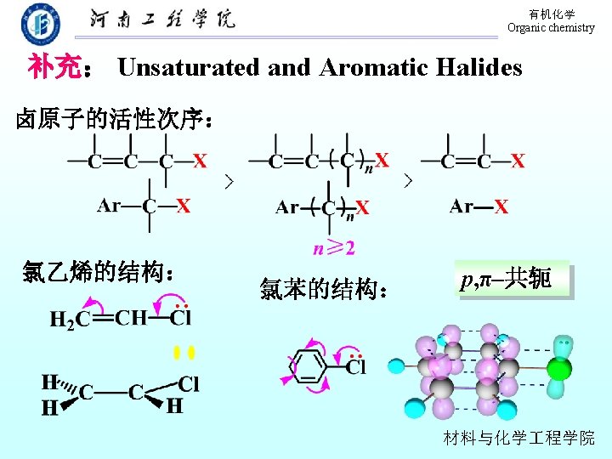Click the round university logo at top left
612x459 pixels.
coord(40,23)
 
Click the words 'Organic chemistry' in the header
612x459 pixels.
coord(551,28)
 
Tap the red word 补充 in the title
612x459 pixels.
coord(54,67)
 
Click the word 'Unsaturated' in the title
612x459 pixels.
coord(188,67)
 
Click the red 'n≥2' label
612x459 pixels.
coord(333,248)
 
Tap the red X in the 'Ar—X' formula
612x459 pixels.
coord(501,207)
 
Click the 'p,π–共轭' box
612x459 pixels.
coord(512,279)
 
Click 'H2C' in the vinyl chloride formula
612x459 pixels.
coord(69,320)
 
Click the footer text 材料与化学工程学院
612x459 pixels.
coord(519,438)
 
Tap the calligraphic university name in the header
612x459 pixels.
coord(162,20)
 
